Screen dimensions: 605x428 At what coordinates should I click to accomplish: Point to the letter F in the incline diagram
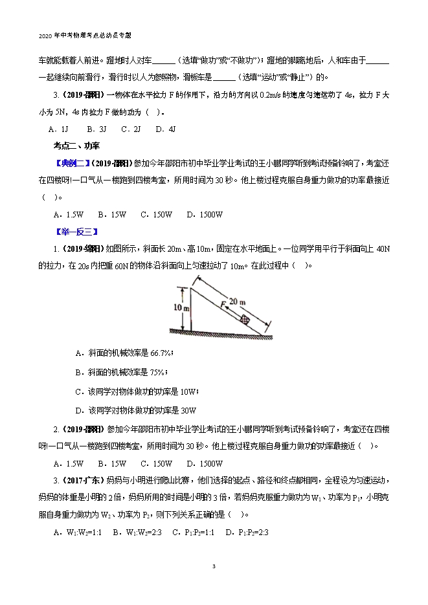[223, 302]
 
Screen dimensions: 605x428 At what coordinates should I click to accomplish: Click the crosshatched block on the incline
[245, 319]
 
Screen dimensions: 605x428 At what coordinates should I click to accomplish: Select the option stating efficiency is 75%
[121, 372]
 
